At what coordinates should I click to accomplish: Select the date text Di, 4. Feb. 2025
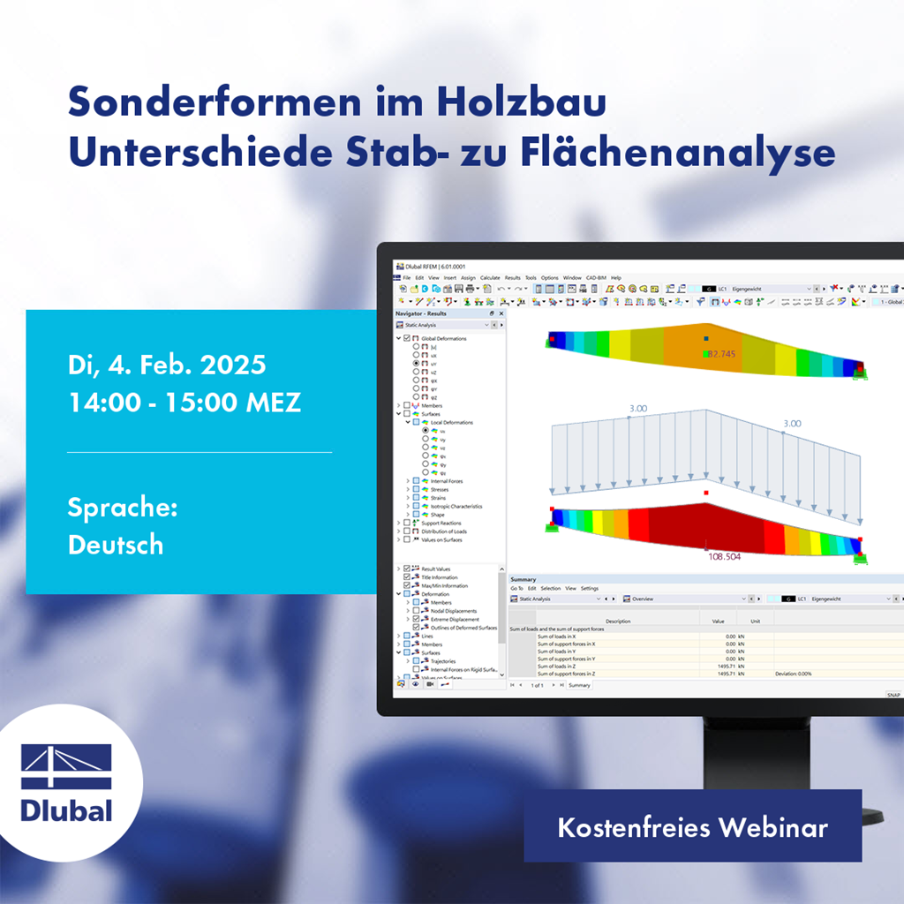click(x=167, y=364)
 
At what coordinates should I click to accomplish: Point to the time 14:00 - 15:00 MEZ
click(x=185, y=403)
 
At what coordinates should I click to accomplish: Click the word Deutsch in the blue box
click(x=116, y=545)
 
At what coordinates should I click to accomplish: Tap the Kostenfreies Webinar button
click(x=692, y=827)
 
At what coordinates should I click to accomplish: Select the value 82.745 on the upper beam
click(x=727, y=354)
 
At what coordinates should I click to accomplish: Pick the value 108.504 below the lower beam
click(x=724, y=557)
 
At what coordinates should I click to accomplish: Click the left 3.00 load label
click(x=639, y=409)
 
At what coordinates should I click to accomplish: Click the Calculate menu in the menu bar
click(x=490, y=277)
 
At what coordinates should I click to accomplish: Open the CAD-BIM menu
click(x=597, y=277)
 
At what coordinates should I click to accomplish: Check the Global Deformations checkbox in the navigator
click(x=407, y=338)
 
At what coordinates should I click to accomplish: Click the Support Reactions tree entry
click(x=441, y=524)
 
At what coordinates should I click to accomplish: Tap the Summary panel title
click(x=523, y=580)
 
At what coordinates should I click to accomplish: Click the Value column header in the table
click(x=718, y=621)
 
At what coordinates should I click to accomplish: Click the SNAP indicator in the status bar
click(x=893, y=695)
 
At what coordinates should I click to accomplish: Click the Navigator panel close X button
click(x=502, y=313)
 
